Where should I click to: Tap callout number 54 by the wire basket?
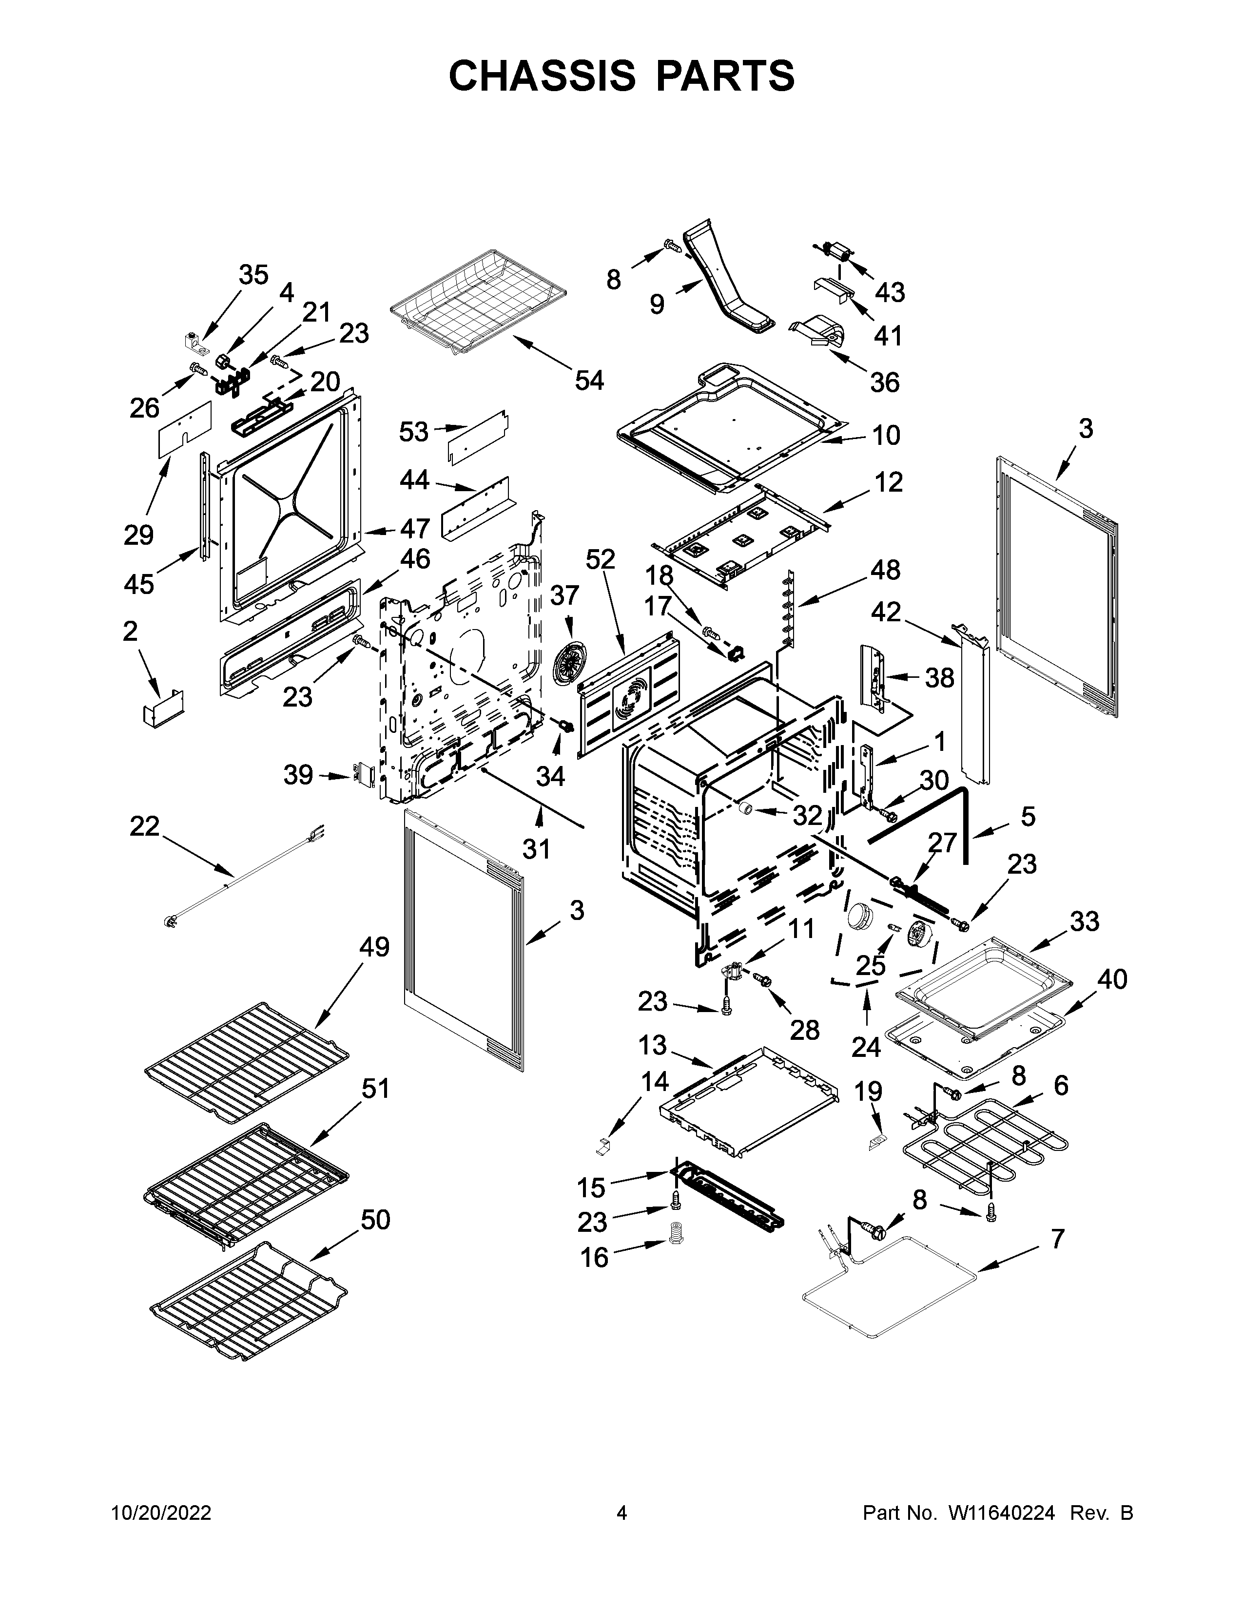[x=589, y=381]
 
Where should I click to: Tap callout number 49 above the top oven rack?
[x=374, y=947]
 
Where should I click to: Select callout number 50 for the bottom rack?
[x=375, y=1220]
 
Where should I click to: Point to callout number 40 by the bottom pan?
[x=1112, y=979]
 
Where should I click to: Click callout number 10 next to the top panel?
[x=886, y=435]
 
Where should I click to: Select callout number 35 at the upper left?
[x=253, y=275]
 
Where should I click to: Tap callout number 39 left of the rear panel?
[x=298, y=775]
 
